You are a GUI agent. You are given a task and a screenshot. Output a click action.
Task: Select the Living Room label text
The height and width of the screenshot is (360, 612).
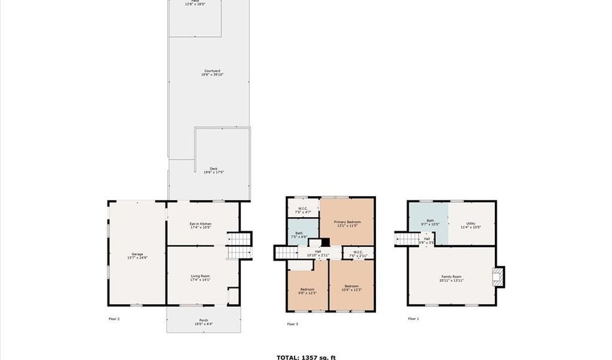tap(200, 278)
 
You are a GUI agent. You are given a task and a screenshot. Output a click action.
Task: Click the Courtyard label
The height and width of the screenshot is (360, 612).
tap(212, 72)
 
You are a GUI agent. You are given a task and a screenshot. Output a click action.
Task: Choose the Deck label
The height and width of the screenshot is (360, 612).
tap(213, 170)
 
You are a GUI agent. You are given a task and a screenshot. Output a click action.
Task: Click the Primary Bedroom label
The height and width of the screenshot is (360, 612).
tap(347, 223)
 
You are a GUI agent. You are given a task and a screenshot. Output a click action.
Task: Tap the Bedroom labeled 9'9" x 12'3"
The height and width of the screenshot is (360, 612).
tap(307, 291)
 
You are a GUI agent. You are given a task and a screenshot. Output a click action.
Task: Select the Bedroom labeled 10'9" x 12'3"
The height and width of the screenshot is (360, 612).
tap(351, 287)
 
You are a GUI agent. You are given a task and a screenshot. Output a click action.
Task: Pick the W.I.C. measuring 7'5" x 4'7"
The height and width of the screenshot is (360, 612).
tap(303, 210)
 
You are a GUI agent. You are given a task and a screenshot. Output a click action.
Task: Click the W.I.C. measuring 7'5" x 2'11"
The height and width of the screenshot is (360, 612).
tap(357, 254)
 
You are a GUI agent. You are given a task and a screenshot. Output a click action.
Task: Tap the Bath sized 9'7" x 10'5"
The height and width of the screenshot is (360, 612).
tap(430, 222)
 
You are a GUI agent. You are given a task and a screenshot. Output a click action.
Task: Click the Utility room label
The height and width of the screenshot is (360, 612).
tap(471, 225)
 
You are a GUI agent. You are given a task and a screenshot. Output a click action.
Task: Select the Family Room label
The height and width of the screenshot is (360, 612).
tap(451, 278)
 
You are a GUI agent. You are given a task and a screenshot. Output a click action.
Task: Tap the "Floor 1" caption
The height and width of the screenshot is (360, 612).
tap(413, 318)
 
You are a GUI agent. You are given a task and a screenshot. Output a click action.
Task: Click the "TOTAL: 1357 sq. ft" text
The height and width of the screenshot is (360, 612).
tap(305, 357)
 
